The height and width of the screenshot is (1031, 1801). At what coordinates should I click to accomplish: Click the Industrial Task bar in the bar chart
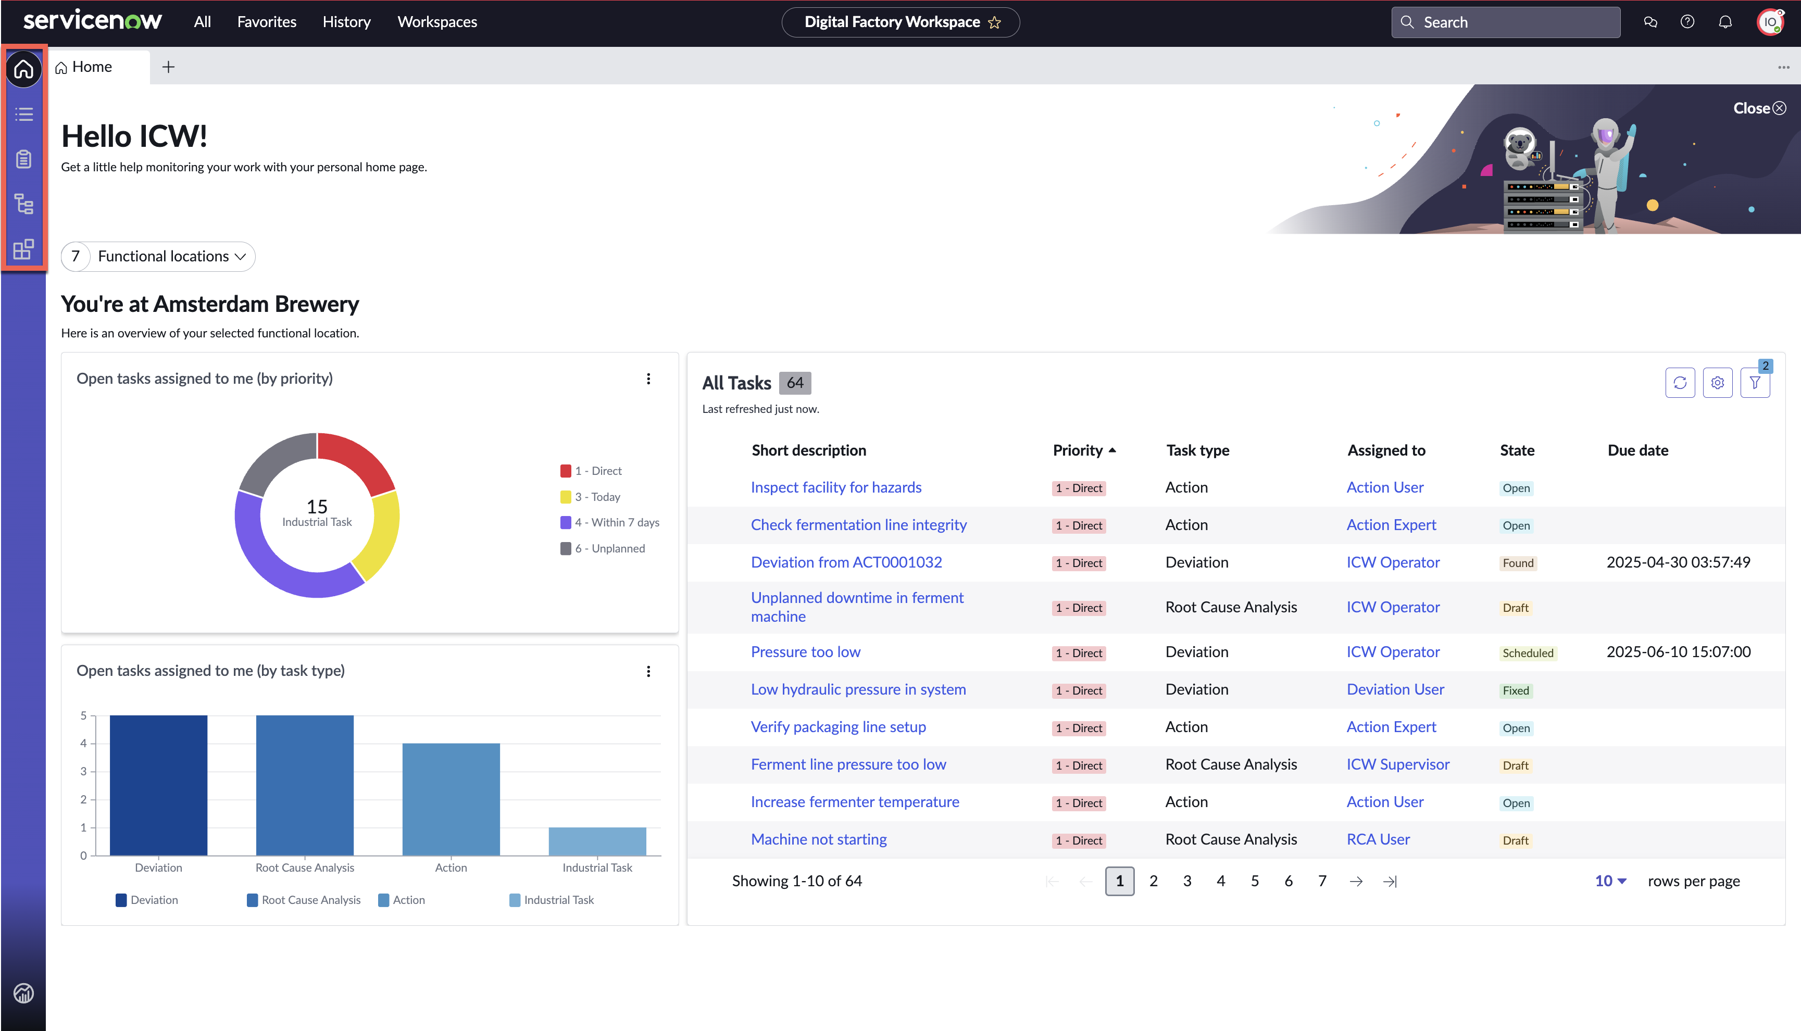tap(597, 841)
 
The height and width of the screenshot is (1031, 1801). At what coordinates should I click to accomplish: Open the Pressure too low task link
tap(805, 651)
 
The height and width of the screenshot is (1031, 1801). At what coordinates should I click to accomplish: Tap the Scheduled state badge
tap(1528, 653)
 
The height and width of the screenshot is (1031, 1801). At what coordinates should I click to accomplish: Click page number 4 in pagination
tap(1221, 881)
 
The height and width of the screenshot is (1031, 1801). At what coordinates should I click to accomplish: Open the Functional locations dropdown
tap(158, 256)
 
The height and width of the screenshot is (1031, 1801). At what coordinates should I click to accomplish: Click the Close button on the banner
tap(1759, 108)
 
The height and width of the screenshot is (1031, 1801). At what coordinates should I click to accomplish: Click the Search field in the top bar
tap(1505, 23)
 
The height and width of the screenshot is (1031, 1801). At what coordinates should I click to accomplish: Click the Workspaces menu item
tap(437, 22)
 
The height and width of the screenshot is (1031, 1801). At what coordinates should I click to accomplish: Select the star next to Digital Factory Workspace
tap(995, 23)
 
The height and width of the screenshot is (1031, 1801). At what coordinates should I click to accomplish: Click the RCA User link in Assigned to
tap(1378, 839)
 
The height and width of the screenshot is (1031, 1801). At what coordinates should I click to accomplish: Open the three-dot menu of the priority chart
tap(648, 379)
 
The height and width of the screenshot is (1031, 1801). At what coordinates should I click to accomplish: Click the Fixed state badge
tap(1516, 690)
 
